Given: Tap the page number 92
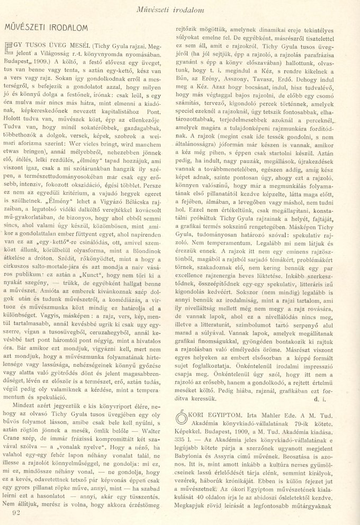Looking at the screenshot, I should [15, 511].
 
